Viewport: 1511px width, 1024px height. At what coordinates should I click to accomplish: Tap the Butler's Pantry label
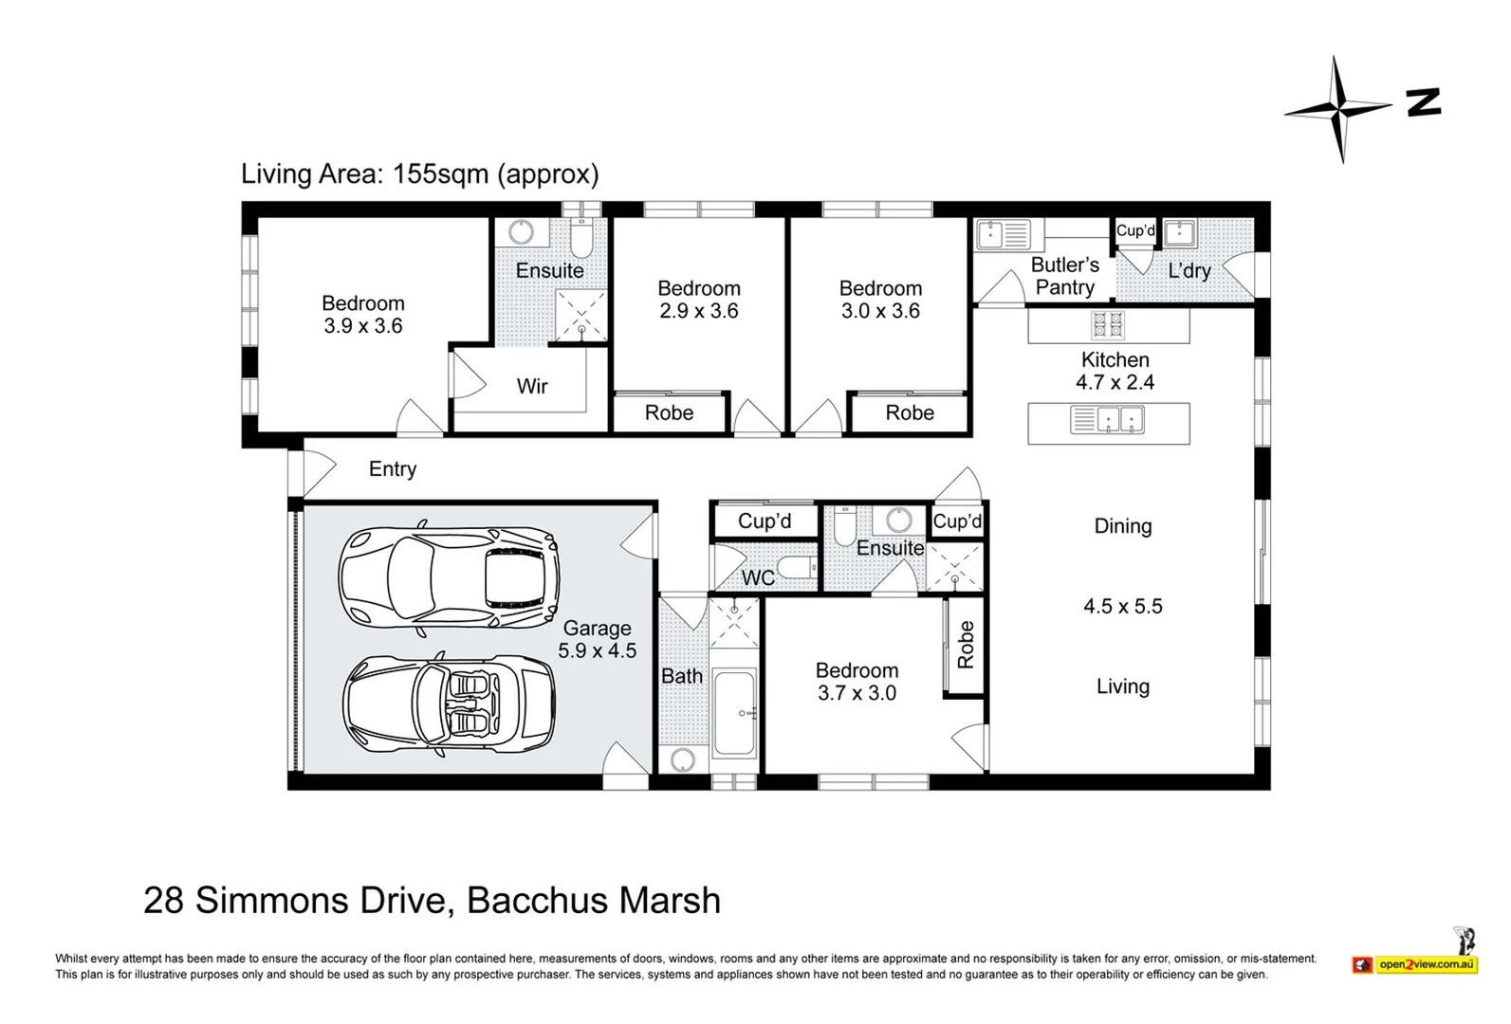coord(1064,276)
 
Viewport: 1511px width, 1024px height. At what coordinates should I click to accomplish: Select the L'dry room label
coord(1189,271)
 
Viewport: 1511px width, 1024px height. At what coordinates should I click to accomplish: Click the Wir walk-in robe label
coord(531,386)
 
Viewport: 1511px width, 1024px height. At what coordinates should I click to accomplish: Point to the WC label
coord(758,577)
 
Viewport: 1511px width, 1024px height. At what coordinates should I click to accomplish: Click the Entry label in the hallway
coord(392,468)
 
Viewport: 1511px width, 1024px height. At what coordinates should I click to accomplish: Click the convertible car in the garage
coord(449,704)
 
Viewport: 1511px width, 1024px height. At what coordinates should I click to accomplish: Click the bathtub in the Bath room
coord(734,713)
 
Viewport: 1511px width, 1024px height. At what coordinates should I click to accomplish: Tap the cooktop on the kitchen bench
coord(1108,324)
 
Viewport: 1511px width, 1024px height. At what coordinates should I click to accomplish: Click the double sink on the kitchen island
coord(1107,419)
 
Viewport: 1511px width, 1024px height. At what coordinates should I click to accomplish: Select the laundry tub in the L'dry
coord(1179,234)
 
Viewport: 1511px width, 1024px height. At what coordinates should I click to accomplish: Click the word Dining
coord(1122,526)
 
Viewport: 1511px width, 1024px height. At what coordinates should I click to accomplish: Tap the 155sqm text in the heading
coord(440,174)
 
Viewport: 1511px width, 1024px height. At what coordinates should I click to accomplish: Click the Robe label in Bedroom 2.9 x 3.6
coord(669,412)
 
